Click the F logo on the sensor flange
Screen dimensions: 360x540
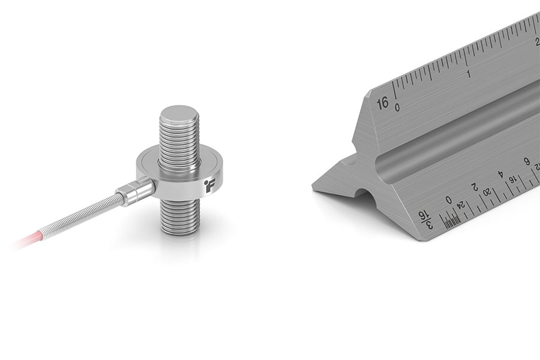[209, 184]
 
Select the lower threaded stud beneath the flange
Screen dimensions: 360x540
[179, 215]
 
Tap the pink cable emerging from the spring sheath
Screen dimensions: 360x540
[27, 241]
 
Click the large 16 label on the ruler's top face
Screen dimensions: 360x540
[383, 103]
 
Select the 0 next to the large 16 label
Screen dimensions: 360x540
[397, 107]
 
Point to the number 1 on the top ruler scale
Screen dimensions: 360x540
[468, 74]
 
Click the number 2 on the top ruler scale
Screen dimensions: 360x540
[536, 41]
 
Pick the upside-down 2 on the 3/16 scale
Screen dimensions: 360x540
[474, 187]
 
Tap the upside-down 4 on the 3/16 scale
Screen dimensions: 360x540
[500, 175]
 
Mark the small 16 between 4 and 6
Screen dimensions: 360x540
[514, 178]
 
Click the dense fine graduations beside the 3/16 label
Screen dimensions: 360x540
[451, 220]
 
